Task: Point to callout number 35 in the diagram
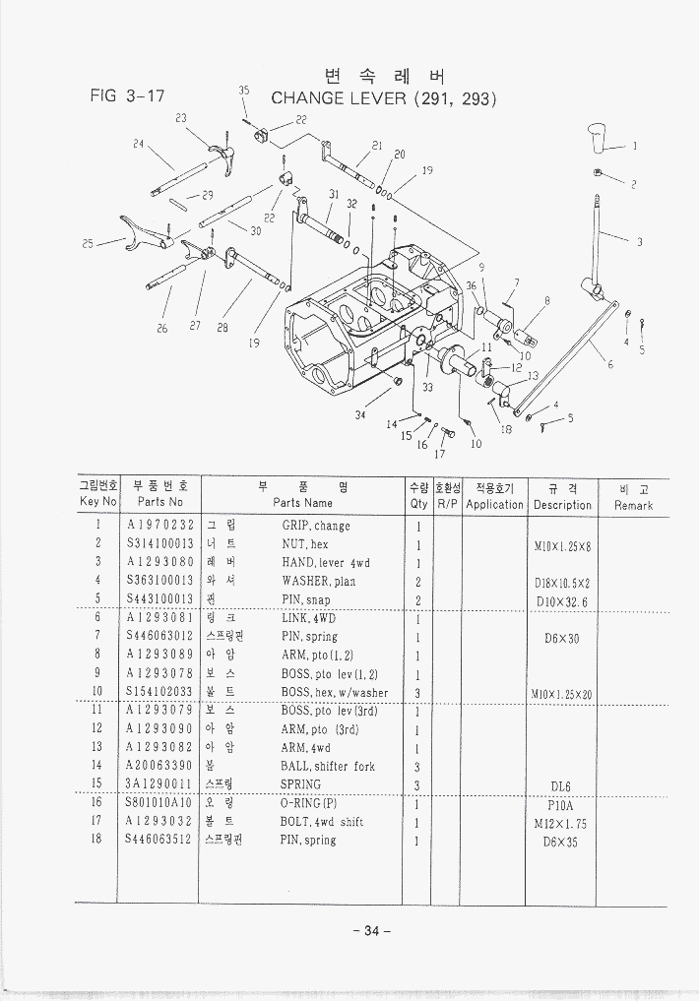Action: [243, 91]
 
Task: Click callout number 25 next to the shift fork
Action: [89, 242]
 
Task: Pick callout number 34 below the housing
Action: [360, 415]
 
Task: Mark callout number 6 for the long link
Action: [609, 364]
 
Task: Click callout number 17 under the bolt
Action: [439, 455]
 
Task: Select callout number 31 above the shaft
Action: [333, 194]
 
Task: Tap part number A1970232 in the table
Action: [159, 526]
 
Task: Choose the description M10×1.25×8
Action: [562, 544]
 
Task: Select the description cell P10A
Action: [561, 803]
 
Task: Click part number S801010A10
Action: [159, 803]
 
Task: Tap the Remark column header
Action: [633, 505]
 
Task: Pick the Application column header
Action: [494, 505]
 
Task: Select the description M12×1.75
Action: [561, 822]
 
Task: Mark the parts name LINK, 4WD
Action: [309, 618]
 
